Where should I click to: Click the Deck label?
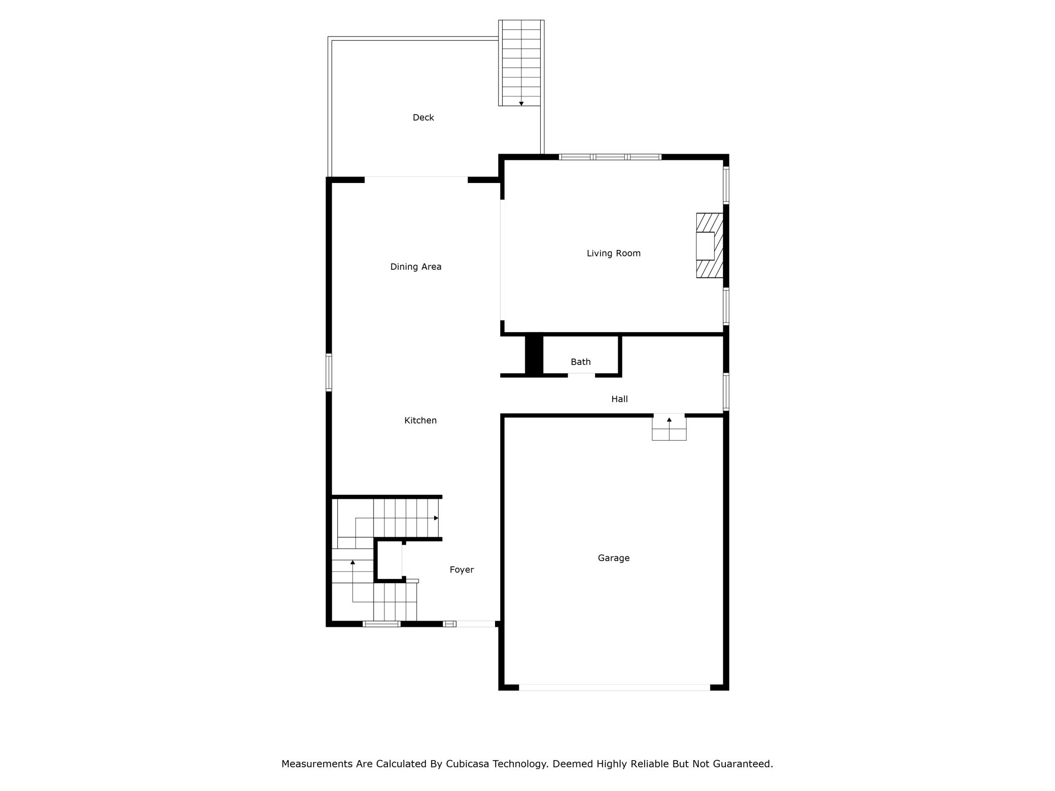point(423,118)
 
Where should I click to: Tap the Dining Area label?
point(415,267)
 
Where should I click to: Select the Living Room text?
point(613,254)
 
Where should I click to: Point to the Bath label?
point(580,362)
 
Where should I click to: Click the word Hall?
point(619,400)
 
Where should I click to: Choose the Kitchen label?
point(420,420)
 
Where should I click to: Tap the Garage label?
point(613,558)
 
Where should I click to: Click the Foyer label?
point(462,570)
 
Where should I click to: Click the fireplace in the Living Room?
point(709,245)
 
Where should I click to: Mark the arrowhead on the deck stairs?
point(521,103)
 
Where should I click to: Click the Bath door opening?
point(581,375)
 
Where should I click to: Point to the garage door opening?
point(614,688)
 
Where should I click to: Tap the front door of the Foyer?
point(475,624)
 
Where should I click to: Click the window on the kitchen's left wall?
point(329,373)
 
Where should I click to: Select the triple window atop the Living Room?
point(610,157)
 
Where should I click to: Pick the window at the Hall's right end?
point(726,392)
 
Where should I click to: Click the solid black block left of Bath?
point(534,354)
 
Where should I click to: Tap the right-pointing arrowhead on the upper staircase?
point(436,518)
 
